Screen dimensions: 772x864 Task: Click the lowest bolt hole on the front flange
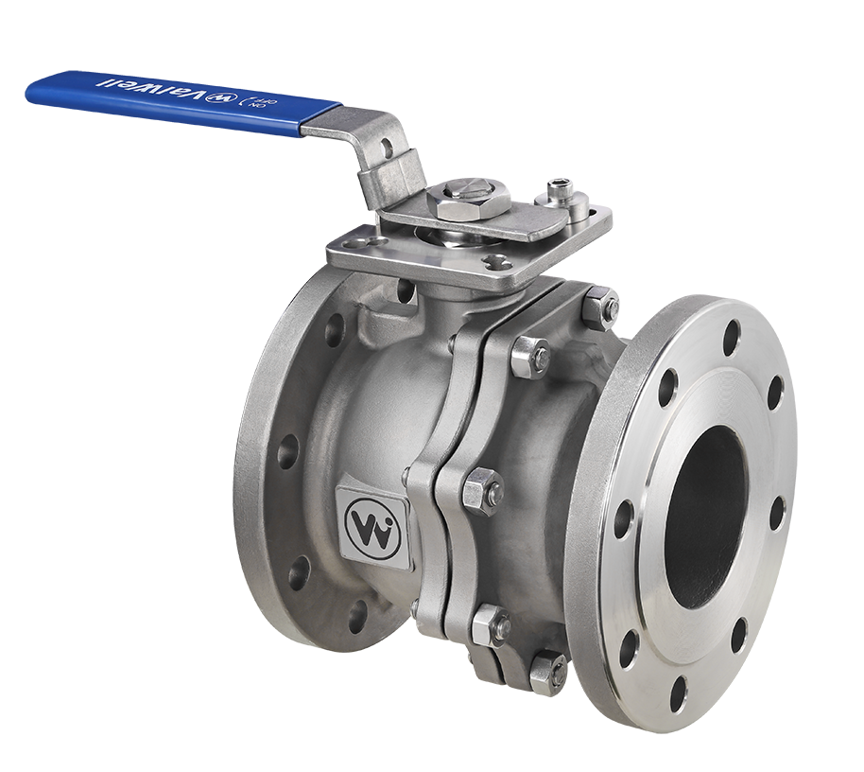tap(678, 694)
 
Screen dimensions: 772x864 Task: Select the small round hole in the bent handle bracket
tap(386, 147)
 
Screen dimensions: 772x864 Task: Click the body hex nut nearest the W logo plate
tap(481, 490)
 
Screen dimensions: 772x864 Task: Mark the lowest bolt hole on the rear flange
tap(356, 617)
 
